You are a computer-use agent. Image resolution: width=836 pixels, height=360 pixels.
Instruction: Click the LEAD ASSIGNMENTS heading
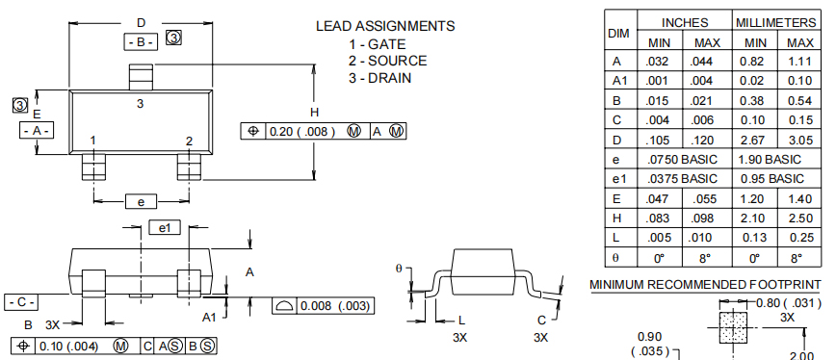384,26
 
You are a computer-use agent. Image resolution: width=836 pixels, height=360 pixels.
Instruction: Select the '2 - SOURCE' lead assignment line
387,61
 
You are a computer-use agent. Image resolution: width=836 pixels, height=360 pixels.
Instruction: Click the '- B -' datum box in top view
141,41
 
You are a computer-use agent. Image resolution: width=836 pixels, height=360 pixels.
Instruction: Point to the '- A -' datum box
37,130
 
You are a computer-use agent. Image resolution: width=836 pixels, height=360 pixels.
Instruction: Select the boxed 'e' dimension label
141,201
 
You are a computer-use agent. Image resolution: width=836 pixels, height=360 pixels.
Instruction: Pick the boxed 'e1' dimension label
165,227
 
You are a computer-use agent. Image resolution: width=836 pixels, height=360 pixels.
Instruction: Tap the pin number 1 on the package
93,141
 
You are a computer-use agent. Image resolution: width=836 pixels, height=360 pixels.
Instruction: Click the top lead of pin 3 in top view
141,75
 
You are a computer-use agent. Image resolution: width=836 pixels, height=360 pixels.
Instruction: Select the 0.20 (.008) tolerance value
302,131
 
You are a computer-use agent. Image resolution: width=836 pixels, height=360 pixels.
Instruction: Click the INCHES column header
684,21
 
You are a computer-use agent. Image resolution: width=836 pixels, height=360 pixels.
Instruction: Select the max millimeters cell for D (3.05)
799,139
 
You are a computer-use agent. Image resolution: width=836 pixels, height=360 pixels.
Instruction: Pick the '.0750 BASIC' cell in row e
683,159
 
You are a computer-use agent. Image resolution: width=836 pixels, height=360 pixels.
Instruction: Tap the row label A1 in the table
618,81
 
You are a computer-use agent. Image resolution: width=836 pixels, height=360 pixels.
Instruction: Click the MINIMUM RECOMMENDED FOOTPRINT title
705,285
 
